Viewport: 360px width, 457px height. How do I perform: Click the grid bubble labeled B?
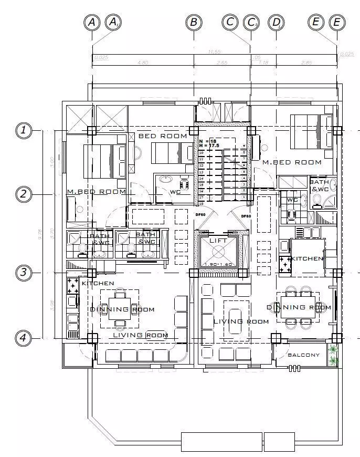coord(194,22)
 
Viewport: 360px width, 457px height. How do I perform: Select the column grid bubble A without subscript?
coord(92,22)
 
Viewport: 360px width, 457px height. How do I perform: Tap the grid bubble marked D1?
coord(276,22)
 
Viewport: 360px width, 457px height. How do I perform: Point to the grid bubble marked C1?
coord(251,22)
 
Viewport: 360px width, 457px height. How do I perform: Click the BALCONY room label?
coord(303,355)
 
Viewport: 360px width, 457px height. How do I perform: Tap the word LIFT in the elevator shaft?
coord(217,240)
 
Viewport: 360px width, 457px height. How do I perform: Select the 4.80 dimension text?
coord(143,63)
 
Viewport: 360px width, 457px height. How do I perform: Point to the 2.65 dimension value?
coord(221,63)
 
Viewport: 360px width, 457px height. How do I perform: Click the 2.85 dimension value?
coord(306,63)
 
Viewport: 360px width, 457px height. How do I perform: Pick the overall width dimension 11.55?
coord(214,51)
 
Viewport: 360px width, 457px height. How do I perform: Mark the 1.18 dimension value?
coord(263,63)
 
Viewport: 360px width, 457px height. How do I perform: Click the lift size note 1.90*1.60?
coord(217,264)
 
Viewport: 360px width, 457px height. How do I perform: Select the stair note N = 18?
coord(207,141)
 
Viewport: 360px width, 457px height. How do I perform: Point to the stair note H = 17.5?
coord(208,146)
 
